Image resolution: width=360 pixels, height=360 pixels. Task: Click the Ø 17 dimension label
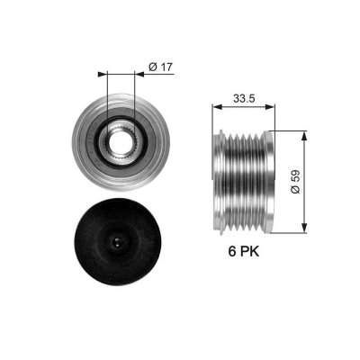(x=161, y=67)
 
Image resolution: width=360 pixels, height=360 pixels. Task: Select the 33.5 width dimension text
(x=244, y=98)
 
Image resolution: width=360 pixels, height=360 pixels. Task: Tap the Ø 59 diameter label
(x=295, y=182)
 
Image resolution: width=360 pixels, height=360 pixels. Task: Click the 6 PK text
(x=244, y=251)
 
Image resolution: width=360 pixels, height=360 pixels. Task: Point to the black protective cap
(x=118, y=241)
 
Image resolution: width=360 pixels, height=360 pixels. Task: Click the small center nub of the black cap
(x=117, y=241)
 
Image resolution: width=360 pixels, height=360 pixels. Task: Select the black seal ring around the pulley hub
(x=121, y=142)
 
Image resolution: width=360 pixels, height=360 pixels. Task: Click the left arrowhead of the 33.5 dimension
(x=216, y=106)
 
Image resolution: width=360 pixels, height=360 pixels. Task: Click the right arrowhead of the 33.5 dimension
(x=270, y=106)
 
